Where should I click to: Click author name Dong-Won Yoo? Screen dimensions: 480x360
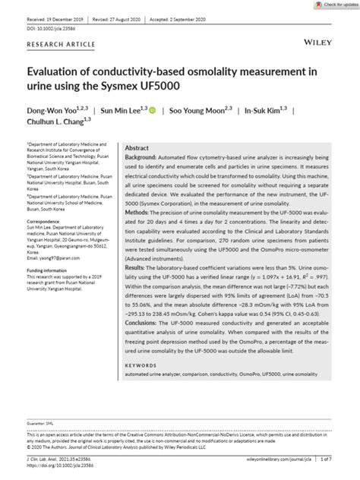click(53, 110)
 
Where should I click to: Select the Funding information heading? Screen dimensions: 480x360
click(51, 270)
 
